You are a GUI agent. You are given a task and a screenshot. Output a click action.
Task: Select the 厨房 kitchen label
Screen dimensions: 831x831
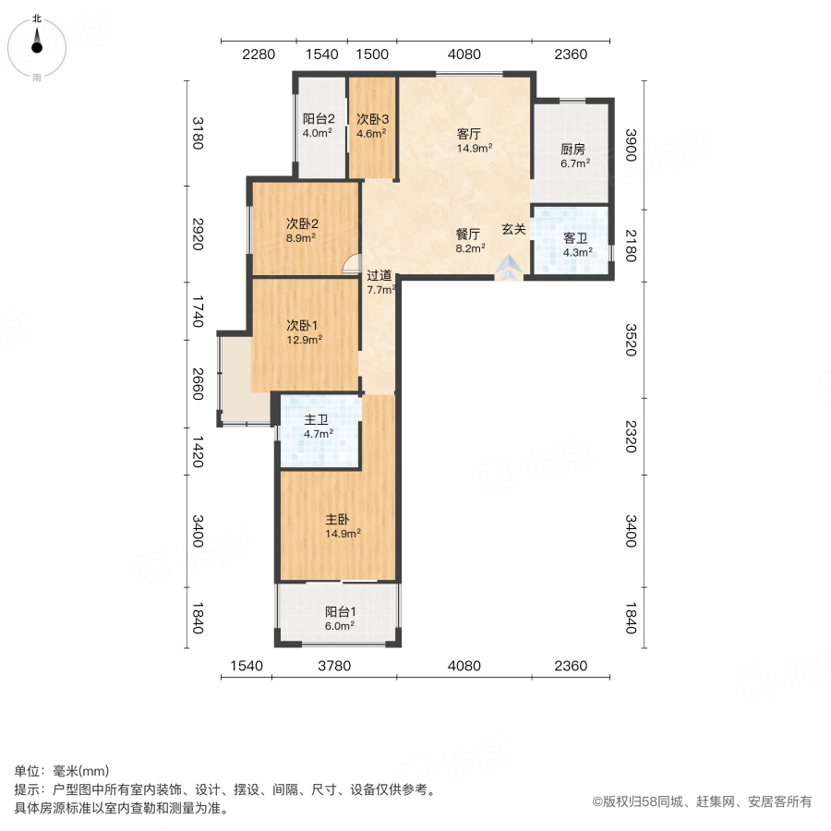pos(572,150)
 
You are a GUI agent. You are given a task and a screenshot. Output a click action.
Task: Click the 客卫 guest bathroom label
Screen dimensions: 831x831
pos(577,237)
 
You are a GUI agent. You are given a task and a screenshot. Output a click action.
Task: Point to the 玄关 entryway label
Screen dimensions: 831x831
pos(514,229)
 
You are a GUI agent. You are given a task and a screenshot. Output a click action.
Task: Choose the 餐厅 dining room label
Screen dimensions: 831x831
pos(468,234)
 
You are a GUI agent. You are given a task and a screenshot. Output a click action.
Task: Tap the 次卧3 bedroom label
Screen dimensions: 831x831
pos(372,119)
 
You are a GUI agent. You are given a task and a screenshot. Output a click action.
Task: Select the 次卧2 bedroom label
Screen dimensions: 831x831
pos(302,223)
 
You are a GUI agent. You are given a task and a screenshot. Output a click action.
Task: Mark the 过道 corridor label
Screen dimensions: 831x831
pos(379,275)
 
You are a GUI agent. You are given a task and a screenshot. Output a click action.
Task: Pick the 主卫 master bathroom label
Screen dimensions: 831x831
pos(319,418)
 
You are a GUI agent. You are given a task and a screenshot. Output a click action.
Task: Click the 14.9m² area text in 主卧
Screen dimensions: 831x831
pos(342,533)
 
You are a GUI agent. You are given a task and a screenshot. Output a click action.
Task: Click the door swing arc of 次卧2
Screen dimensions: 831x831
pos(351,265)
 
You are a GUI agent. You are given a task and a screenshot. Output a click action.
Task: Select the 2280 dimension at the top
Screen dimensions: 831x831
pos(259,54)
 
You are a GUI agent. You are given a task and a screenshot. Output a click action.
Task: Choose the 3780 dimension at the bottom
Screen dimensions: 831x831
pos(334,666)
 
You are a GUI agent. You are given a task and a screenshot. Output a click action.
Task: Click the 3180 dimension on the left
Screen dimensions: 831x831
pos(196,132)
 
